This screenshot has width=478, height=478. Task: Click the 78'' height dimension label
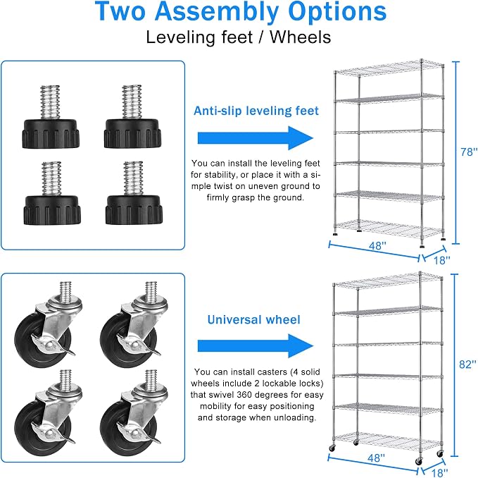coord(469,152)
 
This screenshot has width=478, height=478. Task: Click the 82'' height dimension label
coord(467,364)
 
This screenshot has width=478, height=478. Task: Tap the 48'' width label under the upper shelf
coord(377,246)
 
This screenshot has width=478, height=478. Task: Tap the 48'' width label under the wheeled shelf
coord(376,458)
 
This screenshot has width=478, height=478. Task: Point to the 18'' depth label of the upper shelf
coord(441,260)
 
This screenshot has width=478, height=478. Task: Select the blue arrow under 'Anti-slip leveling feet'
coord(256,138)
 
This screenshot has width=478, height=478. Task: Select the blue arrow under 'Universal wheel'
coord(256,346)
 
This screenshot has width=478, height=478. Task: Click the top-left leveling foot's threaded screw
coord(50,102)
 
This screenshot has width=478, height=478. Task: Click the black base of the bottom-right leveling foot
coord(134,210)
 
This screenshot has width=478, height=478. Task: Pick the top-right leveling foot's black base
coord(132,134)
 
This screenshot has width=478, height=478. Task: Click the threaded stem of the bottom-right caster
coord(151,379)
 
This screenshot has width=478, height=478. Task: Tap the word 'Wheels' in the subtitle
coord(301,37)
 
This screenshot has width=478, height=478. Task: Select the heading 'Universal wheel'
coord(253,319)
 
